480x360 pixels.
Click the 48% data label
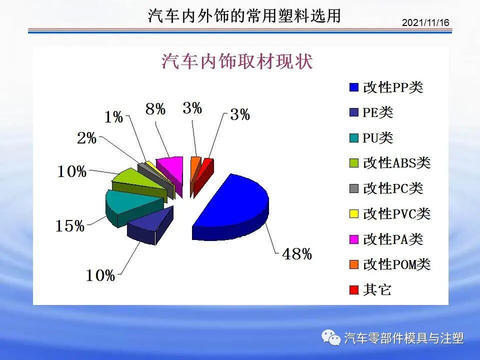coord(296,254)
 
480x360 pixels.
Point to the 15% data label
coord(69,226)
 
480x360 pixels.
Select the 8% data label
coord(155,109)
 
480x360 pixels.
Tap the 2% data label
coord(86,138)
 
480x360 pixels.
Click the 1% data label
coord(114,117)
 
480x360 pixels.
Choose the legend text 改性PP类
coord(393,87)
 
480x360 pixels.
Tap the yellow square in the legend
coord(353,214)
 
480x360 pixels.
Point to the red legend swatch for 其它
coord(353,290)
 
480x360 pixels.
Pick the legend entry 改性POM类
coord(396,264)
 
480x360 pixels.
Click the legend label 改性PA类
coord(393,239)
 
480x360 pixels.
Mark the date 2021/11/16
coord(425,23)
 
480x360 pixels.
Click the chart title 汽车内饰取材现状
coord(237,61)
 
